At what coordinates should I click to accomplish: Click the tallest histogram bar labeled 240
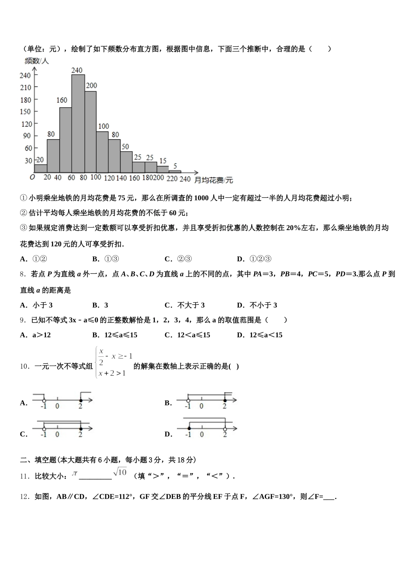click(x=78, y=124)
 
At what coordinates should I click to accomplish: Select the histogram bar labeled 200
click(x=90, y=131)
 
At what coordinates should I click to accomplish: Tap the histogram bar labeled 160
click(x=66, y=140)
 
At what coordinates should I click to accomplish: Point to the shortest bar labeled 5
click(x=175, y=171)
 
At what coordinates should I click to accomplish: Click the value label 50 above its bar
click(x=125, y=147)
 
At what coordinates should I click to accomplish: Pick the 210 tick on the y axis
click(x=25, y=87)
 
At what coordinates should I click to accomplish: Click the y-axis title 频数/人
click(x=37, y=61)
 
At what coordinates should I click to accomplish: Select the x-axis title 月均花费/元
click(x=213, y=180)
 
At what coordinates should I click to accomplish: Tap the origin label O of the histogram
click(x=32, y=177)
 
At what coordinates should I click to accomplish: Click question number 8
click(x=23, y=274)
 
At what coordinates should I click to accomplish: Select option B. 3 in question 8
click(x=100, y=305)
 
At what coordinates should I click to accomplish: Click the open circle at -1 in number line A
click(x=44, y=400)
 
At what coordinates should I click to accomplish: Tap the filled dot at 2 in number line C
click(x=80, y=429)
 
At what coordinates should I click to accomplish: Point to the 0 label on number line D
click(x=202, y=435)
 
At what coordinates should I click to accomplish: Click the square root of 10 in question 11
click(x=120, y=472)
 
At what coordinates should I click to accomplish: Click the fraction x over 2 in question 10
click(x=101, y=356)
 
